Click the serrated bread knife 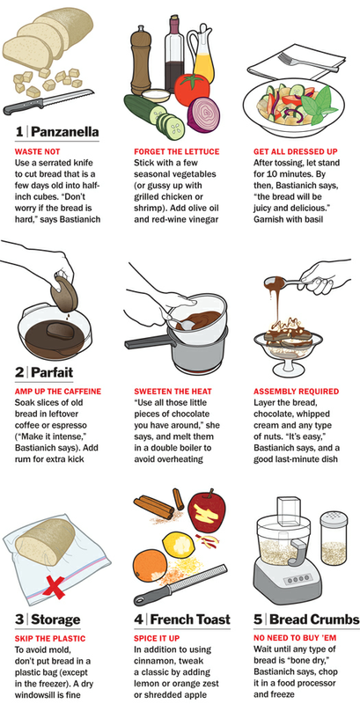click(48, 102)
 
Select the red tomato click(192, 90)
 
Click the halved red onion click(203, 114)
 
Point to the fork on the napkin click(306, 61)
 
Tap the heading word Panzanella click(65, 132)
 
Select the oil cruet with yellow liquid click(202, 55)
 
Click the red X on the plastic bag click(55, 586)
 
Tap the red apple click(207, 512)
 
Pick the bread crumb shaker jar click(334, 539)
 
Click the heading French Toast click(190, 620)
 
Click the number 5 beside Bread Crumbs click(258, 620)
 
